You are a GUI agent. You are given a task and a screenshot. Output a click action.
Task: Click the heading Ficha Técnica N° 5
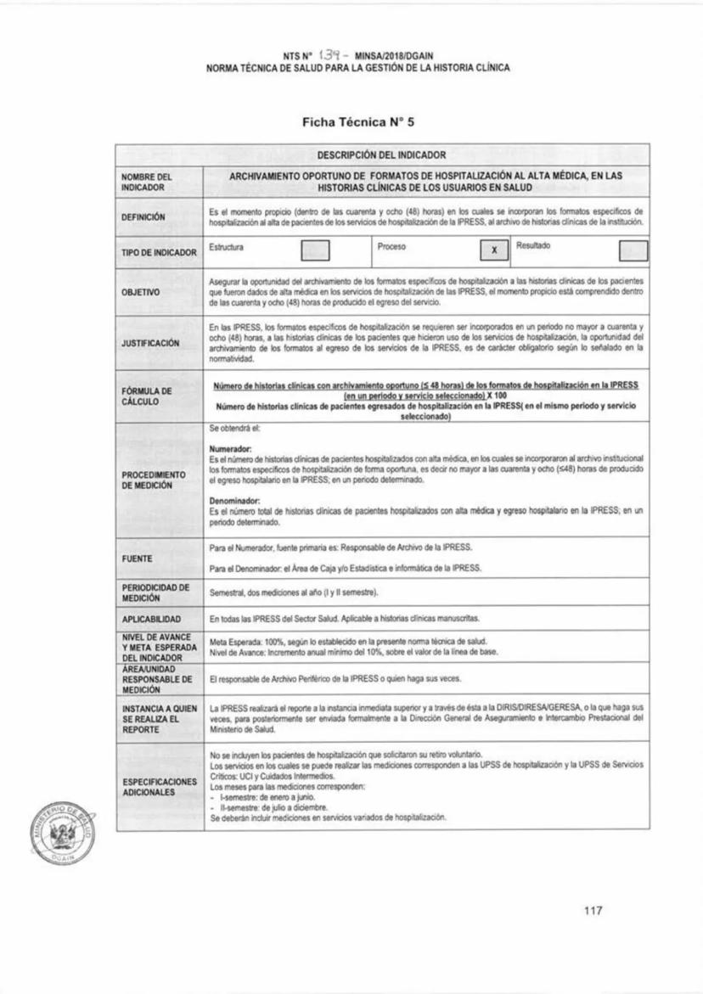tap(357, 122)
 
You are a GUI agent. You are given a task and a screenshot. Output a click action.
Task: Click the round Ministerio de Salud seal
tap(62, 830)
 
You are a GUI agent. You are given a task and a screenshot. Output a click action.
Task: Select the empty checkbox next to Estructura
tap(316, 250)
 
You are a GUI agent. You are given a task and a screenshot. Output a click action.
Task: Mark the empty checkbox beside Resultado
tap(633, 250)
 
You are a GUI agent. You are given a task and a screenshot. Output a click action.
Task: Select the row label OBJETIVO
tap(142, 291)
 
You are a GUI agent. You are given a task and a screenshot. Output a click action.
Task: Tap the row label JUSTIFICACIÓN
tap(152, 343)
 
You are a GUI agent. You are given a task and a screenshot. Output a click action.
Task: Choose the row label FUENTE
tap(138, 559)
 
